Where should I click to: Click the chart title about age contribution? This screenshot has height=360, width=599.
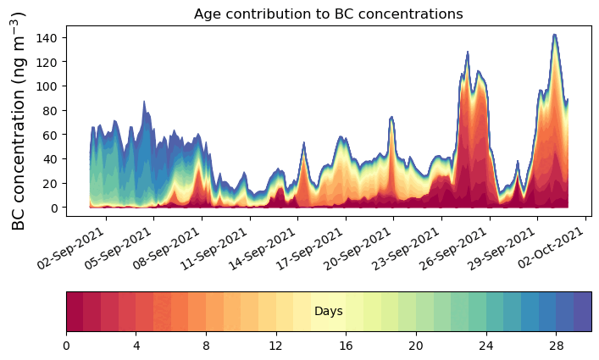tap(328, 14)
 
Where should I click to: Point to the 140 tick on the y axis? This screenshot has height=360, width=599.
tap(47, 38)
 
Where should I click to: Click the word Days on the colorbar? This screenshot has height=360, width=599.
tap(328, 312)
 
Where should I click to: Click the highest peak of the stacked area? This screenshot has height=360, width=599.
tap(554, 36)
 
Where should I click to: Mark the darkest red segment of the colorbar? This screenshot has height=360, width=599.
tap(75, 312)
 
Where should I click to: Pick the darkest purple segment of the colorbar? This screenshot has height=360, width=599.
tap(582, 312)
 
